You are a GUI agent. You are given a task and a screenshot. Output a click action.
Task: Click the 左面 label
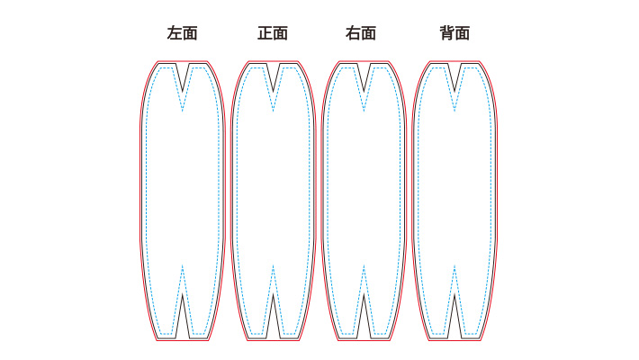[x=182, y=34]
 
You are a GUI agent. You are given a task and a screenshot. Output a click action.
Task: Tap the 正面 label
[x=273, y=34]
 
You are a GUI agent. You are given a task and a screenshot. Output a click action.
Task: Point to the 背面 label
[x=454, y=34]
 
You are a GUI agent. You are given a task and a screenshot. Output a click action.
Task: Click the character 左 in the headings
[x=174, y=34]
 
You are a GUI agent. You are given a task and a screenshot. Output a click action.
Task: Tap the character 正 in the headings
[x=265, y=34]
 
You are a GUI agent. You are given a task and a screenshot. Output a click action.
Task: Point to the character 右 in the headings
[x=355, y=34]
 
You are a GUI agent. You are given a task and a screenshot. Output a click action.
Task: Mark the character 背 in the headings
[x=446, y=34]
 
